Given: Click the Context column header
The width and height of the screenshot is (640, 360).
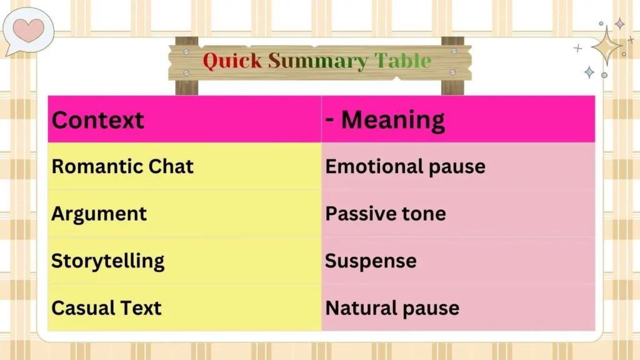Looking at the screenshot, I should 97,119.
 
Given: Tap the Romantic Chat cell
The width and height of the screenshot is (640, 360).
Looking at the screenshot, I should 122,166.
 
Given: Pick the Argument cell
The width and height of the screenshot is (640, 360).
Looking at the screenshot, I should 99,214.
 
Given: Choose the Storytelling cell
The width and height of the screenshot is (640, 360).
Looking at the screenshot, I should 107,261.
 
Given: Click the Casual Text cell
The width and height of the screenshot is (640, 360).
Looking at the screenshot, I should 106,307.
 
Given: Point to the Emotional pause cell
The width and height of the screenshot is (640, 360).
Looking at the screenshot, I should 405,166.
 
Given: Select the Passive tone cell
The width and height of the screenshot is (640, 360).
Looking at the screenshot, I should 386,214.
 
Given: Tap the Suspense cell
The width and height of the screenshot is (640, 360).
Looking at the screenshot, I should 371,261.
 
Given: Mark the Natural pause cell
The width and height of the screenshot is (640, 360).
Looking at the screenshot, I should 392,307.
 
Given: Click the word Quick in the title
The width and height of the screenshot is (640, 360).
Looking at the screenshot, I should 233,61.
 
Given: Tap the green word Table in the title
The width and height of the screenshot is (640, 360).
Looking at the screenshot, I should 403,61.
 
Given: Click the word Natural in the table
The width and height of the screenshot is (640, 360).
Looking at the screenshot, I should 362,307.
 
